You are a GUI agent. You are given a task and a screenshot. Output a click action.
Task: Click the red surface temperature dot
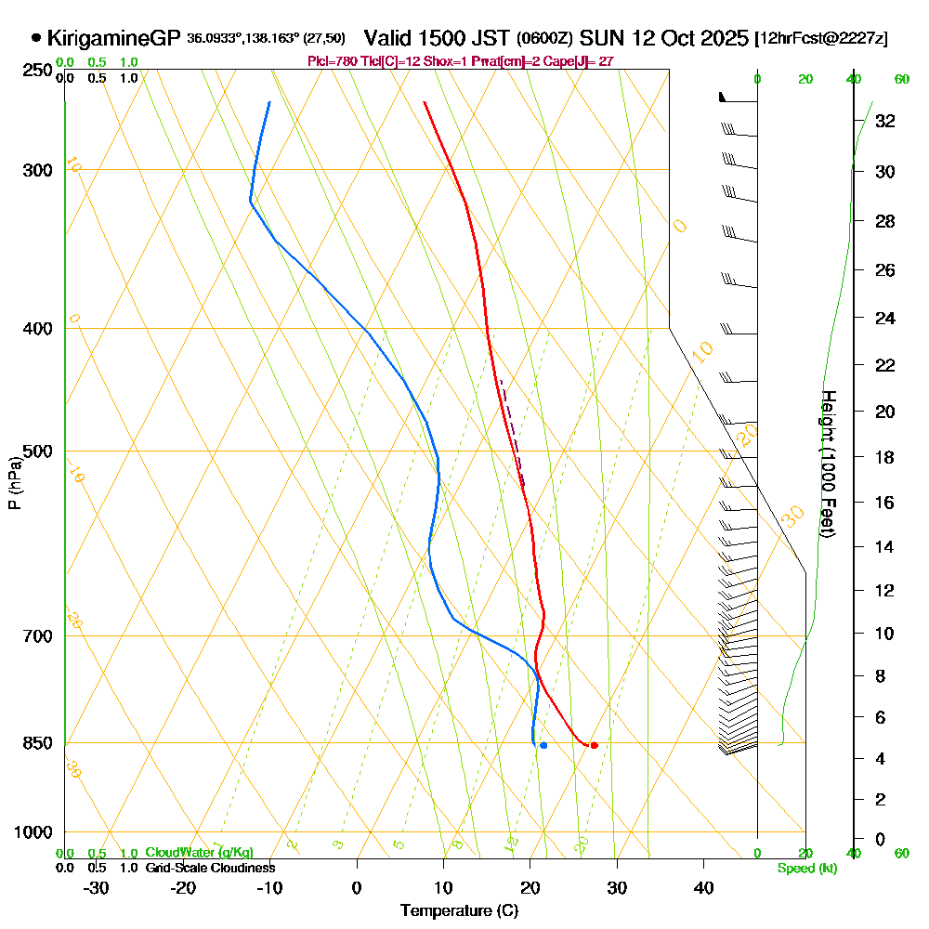coord(594,745)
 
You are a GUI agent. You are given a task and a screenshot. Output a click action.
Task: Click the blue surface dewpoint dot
coord(543,745)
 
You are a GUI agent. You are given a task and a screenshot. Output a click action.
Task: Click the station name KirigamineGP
coord(113,39)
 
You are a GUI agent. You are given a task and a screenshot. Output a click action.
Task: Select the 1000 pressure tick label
coord(33,832)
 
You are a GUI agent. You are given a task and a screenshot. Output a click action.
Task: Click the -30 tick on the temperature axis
coord(97,888)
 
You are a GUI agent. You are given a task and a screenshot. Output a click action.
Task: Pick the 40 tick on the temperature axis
coord(703,888)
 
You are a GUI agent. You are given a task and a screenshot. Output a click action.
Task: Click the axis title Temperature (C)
coord(459,911)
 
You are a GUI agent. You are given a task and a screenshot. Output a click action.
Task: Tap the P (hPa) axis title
coord(14,482)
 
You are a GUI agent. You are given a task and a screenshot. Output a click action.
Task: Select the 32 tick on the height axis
coord(885,121)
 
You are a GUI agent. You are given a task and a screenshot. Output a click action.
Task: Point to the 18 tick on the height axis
coord(885,457)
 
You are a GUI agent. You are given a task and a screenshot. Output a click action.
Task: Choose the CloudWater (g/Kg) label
coord(199,853)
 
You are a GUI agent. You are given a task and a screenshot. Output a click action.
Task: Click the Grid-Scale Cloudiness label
coord(210,868)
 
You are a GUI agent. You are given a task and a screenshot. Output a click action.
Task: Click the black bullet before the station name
coord(36,39)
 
